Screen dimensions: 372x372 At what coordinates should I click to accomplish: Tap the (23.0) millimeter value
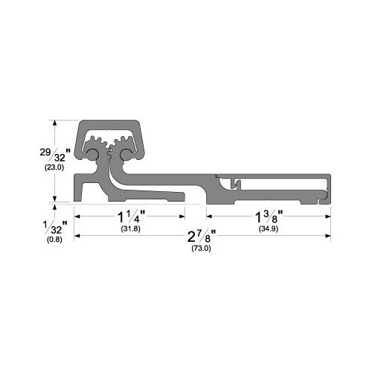tap(53, 169)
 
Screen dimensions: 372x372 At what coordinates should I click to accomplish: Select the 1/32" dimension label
tap(53, 227)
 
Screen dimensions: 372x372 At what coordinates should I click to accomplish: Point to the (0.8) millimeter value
tap(53, 240)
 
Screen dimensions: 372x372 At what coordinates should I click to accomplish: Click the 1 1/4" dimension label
tap(131, 217)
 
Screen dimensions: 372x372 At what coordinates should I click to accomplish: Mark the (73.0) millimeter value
tap(201, 248)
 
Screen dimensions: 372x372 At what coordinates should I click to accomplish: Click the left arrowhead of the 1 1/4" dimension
tap(77, 217)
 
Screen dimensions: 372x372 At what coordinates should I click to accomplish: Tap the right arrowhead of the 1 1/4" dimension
tap(182, 217)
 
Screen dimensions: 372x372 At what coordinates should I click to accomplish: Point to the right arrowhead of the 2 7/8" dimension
tap(328, 237)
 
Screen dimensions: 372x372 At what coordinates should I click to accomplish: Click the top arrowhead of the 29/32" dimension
tap(54, 122)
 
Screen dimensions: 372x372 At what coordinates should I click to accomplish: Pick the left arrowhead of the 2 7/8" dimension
tap(77, 237)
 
